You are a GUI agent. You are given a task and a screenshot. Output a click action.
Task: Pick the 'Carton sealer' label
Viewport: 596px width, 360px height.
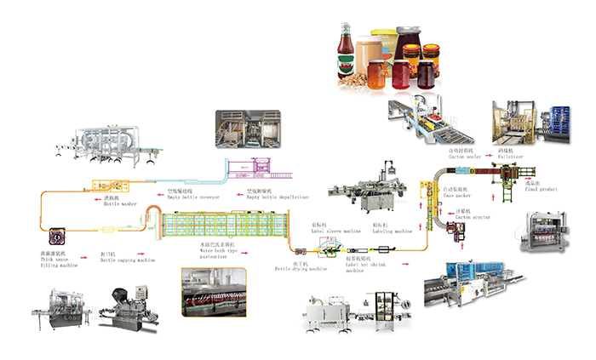coord(465,154)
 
